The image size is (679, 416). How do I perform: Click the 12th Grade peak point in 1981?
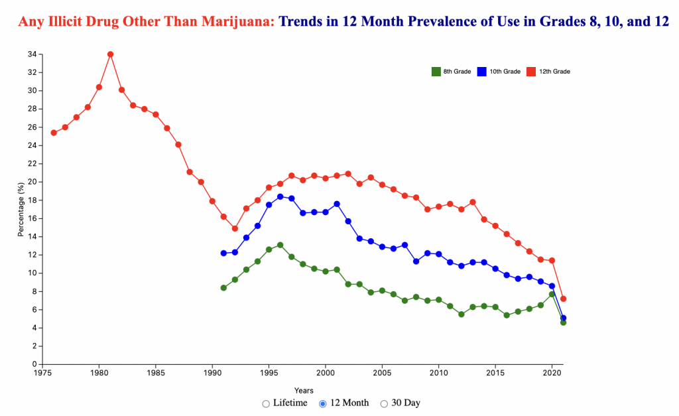[x=110, y=54]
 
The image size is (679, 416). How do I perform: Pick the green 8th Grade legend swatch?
[x=436, y=71]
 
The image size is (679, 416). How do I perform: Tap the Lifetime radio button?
[x=266, y=403]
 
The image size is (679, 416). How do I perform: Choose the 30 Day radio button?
[x=385, y=403]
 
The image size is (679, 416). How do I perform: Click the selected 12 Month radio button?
[x=323, y=403]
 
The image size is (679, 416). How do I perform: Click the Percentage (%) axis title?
[x=21, y=209]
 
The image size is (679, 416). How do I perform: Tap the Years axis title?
[x=304, y=391]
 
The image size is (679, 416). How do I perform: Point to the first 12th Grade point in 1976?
[x=54, y=133]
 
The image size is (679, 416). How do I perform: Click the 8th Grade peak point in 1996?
[x=280, y=245]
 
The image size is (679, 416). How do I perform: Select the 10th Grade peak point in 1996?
[x=280, y=196]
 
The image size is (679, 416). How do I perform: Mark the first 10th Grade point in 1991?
[x=223, y=253]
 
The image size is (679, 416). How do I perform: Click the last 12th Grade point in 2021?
[x=563, y=299]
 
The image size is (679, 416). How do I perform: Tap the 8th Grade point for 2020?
[x=552, y=294]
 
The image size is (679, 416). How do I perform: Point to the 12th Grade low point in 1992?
[x=235, y=228]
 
